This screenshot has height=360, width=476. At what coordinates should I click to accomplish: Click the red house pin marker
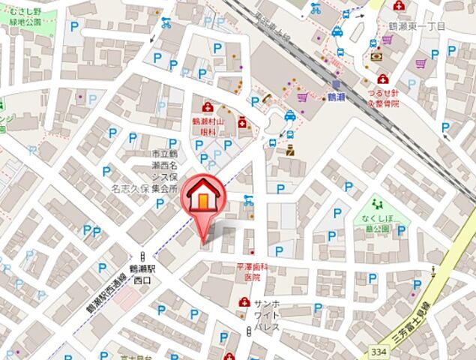204,196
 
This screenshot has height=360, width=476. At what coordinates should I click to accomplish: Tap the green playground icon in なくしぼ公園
379,202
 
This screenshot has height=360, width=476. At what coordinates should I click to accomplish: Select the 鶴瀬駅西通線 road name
104,293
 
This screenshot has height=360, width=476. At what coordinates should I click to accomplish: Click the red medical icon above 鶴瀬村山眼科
208,107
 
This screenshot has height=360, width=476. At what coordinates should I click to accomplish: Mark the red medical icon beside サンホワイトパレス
244,302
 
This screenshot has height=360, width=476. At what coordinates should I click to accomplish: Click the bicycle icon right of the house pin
248,201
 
